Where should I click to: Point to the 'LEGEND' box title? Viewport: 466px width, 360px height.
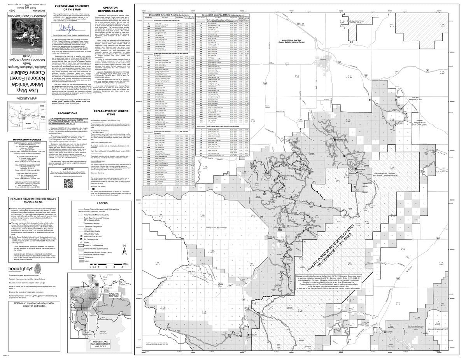pos(102,203)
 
